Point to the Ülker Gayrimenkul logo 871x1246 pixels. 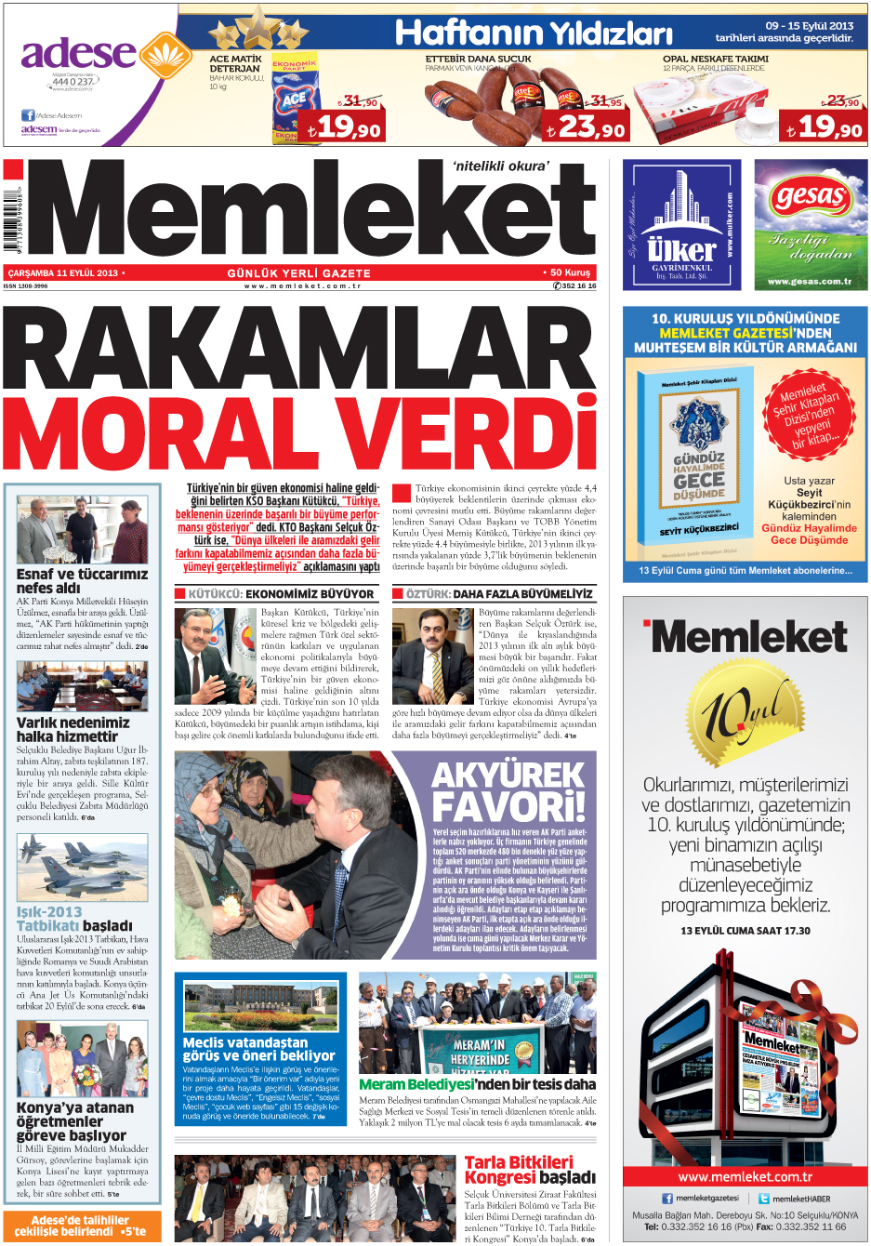pyautogui.click(x=681, y=224)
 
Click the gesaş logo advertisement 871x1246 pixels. pyautogui.click(x=811, y=224)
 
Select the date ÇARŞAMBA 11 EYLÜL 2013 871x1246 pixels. pyautogui.click(x=63, y=273)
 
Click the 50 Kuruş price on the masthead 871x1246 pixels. pyautogui.click(x=570, y=272)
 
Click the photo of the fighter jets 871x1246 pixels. pyautogui.click(x=82, y=868)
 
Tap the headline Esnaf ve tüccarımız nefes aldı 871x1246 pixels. pyautogui.click(x=82, y=581)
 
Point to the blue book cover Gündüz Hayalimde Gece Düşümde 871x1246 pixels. pyautogui.click(x=699, y=461)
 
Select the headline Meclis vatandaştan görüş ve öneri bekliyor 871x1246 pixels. pyautogui.click(x=258, y=1049)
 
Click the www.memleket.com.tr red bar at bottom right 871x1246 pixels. pyautogui.click(x=746, y=1176)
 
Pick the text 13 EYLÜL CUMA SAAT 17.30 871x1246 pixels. pyautogui.click(x=746, y=931)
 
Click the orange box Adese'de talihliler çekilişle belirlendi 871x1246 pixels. pyautogui.click(x=81, y=1226)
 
